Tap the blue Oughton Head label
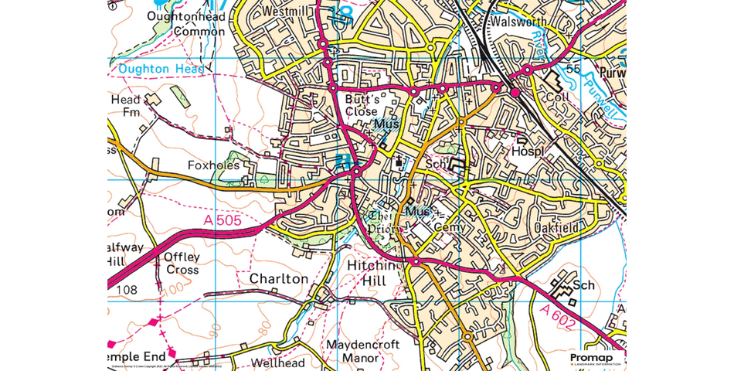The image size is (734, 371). click(x=161, y=69)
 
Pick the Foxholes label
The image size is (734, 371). click(x=214, y=165)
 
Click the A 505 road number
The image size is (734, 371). click(x=223, y=222)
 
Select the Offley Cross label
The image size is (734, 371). click(x=182, y=264)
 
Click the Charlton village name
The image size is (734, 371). click(x=278, y=278)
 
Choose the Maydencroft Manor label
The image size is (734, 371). click(x=352, y=351)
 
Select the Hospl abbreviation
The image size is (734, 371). click(x=523, y=152)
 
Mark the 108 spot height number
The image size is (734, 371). click(x=128, y=289)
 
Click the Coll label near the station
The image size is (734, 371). click(x=556, y=98)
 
